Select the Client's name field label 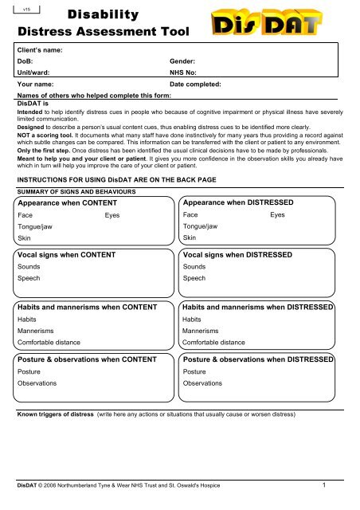click(x=41, y=49)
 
